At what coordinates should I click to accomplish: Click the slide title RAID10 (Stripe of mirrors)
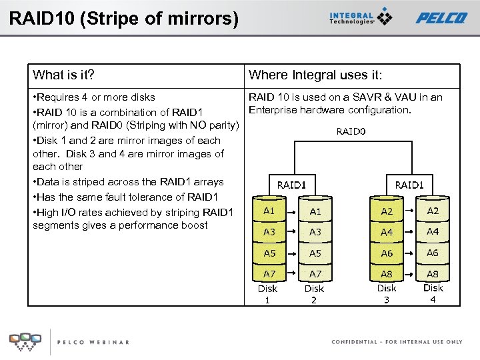pos(123,18)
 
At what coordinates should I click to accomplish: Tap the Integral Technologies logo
pos(361,17)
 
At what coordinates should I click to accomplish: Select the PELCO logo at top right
pos(441,18)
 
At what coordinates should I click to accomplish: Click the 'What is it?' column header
pos(64,75)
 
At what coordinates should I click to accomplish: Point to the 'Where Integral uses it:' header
pos(315,75)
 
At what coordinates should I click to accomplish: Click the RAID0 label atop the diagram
pos(351,132)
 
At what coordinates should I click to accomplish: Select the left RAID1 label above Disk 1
pos(291,185)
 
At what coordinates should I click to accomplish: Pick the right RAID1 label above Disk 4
pos(409,185)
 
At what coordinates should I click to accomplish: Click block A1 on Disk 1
pos(269,211)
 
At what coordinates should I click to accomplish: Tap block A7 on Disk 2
pos(315,274)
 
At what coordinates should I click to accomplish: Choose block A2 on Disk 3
pos(387,211)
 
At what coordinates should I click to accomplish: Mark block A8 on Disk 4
pos(433,274)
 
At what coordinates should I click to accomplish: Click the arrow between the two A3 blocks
pos(292,231)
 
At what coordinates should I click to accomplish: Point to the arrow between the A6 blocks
pos(410,253)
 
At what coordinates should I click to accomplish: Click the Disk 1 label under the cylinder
pos(267,294)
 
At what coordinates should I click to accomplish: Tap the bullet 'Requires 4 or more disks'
pos(94,98)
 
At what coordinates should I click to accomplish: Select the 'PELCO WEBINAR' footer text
pos(93,342)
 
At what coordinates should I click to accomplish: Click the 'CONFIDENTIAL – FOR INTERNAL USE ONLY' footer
pos(397,342)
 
